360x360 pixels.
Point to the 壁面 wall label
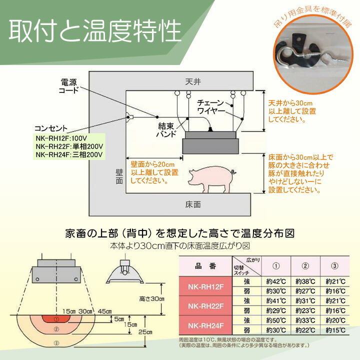pos(118,176)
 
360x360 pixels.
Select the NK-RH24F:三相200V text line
pos(69,154)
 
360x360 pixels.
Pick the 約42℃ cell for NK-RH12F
pos(272,282)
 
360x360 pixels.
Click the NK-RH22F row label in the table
pos(206,304)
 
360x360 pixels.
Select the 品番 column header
pos(206,266)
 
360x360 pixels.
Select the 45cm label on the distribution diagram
pos(105,311)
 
